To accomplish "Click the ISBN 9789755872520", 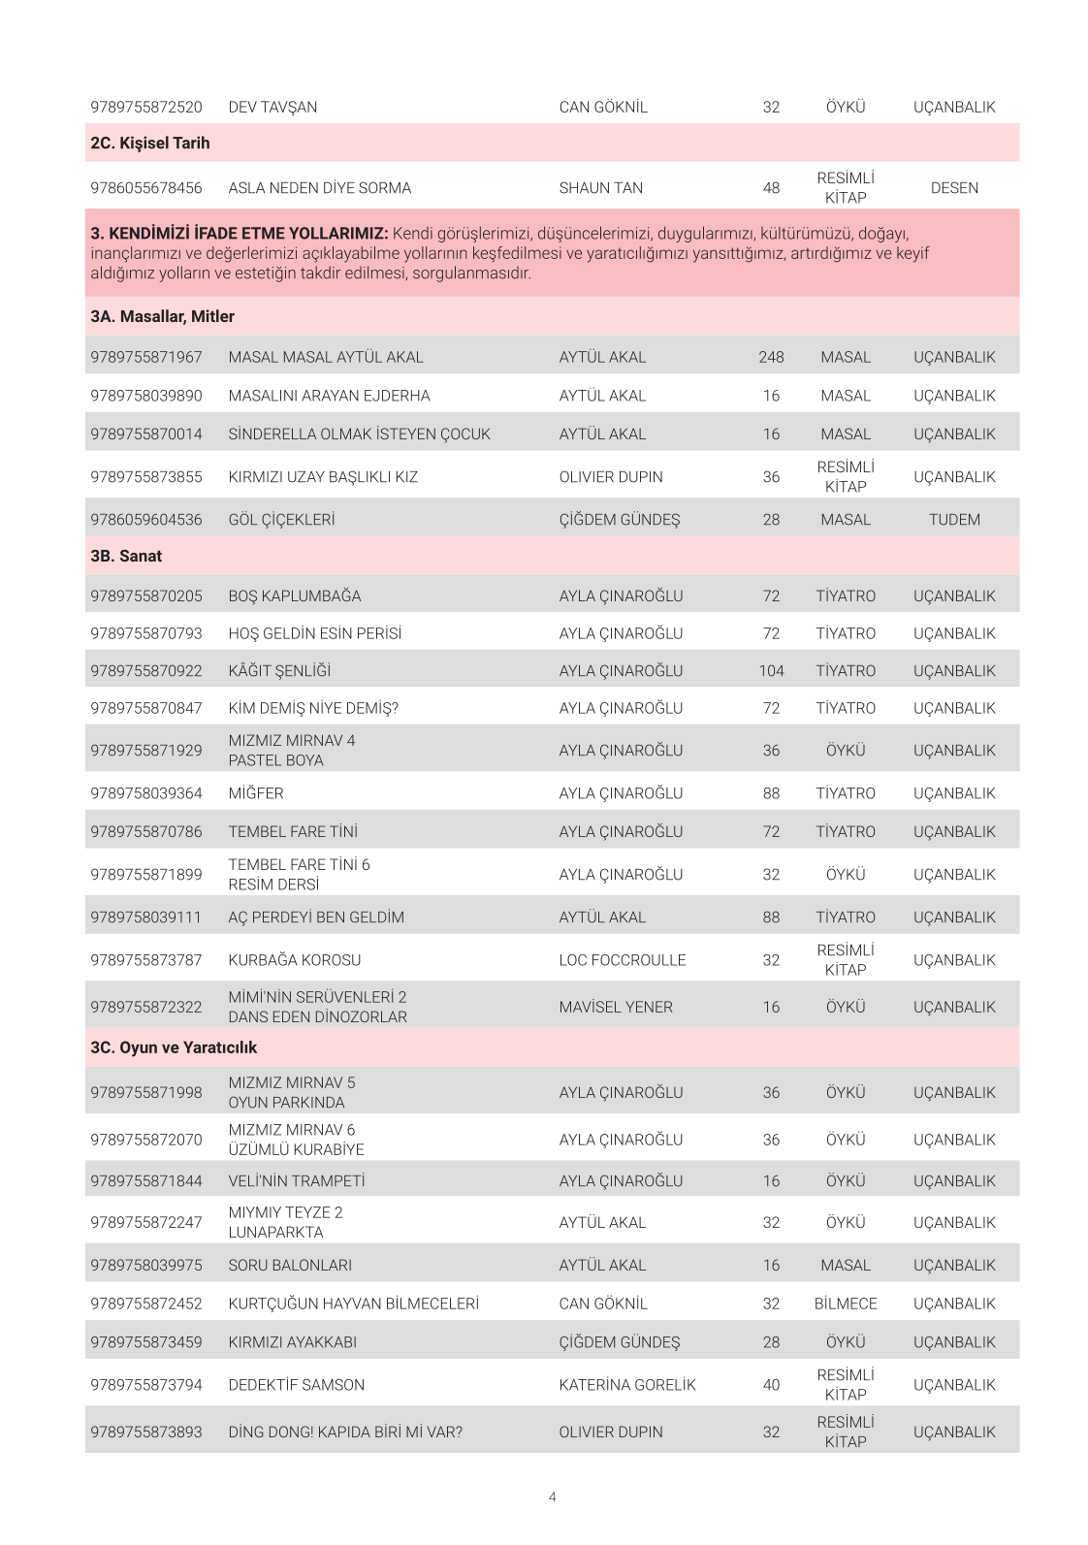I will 146,108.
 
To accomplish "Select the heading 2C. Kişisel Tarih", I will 150,144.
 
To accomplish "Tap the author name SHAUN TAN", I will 600,188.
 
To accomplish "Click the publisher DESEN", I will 954,188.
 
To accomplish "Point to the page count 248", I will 771,358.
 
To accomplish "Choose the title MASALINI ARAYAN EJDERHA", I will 329,396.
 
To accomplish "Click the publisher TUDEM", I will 954,520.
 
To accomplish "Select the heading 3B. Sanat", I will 126,557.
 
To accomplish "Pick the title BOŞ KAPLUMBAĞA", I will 294,596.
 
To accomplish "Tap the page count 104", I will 771,671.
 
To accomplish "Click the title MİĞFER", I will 256,793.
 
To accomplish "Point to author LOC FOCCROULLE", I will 622,960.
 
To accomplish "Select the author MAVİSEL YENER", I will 616,1008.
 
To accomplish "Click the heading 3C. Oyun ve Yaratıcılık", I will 174,1048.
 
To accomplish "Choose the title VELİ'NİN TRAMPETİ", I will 297,1181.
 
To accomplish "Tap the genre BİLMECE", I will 846,1304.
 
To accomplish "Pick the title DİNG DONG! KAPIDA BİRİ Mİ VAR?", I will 345,1432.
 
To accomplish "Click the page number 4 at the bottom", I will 553,1497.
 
